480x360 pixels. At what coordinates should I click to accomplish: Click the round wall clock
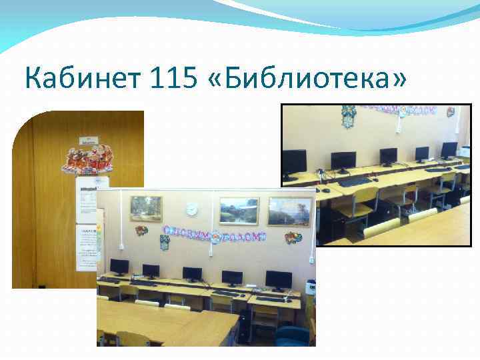point(191,209)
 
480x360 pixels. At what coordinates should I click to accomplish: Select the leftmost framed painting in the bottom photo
point(145,207)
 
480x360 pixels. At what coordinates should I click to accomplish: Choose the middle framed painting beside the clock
point(239,210)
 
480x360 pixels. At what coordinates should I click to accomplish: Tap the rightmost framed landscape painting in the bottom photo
point(289,212)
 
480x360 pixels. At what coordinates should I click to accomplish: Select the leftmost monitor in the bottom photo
point(119,267)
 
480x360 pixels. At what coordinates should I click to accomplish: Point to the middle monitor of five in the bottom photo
point(192,273)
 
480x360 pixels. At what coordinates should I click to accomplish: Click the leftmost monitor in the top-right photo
point(293,161)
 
